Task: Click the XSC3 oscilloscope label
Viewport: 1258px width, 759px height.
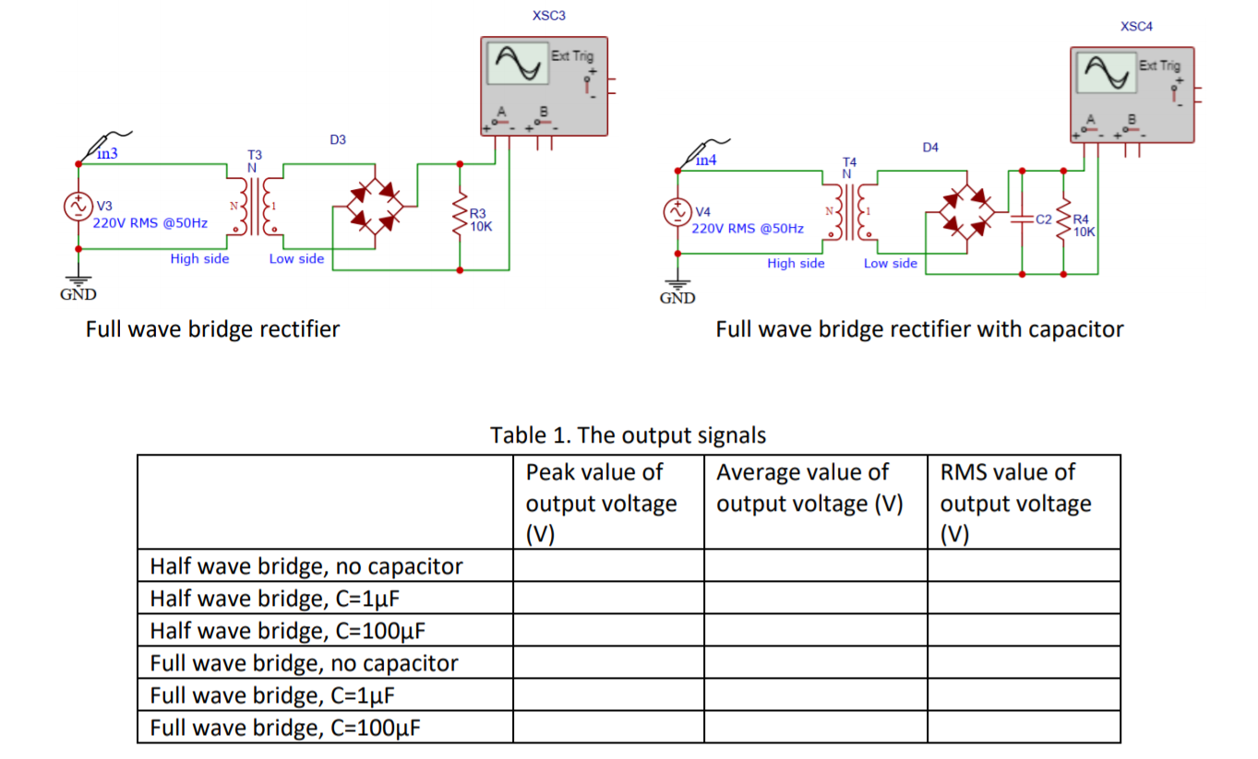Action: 549,16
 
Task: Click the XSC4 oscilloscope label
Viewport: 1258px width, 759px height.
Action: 1136,27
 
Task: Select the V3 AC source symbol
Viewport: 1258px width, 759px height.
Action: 78,207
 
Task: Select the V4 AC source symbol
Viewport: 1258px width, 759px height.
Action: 678,211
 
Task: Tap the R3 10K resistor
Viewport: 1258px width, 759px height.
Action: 461,219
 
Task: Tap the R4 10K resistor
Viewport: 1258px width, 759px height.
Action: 1064,224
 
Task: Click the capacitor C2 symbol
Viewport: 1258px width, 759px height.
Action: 1023,220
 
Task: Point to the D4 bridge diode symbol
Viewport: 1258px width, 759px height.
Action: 966,211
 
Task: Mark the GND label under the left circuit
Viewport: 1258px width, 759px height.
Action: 78,295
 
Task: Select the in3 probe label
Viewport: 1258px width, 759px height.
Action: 108,154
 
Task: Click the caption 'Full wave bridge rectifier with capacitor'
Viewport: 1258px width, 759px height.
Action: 919,329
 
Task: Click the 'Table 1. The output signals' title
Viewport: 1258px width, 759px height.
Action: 628,434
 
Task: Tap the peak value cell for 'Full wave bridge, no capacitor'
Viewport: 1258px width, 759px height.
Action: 608,663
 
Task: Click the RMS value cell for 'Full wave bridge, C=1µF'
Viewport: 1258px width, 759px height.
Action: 1024,695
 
